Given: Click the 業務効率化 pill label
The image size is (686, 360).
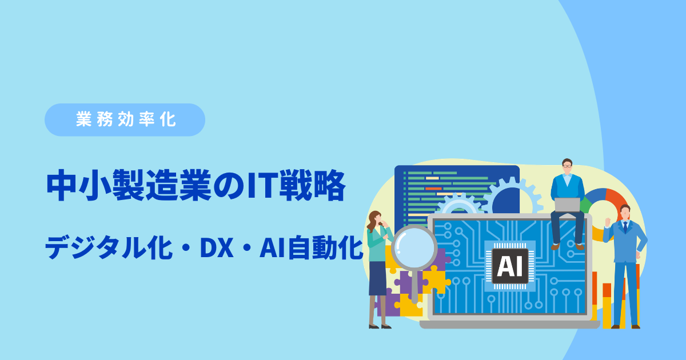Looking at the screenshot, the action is tap(125, 119).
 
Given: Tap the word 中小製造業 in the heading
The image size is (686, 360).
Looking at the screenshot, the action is tap(129, 185).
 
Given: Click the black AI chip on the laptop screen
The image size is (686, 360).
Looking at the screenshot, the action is tap(510, 266).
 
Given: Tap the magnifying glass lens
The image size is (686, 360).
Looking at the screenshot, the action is tap(414, 247).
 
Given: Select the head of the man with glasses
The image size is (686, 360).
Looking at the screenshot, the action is tap(567, 166).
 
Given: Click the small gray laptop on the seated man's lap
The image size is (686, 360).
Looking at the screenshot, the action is tap(567, 205).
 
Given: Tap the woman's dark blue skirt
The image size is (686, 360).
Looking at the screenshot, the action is tap(378, 278).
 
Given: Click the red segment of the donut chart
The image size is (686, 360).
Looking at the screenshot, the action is tap(616, 199).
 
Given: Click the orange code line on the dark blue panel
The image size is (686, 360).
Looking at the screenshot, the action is tap(433, 189).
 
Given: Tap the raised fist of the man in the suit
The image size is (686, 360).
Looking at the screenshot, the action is tap(608, 222).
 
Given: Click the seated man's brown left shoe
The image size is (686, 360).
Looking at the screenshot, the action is tap(555, 246).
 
